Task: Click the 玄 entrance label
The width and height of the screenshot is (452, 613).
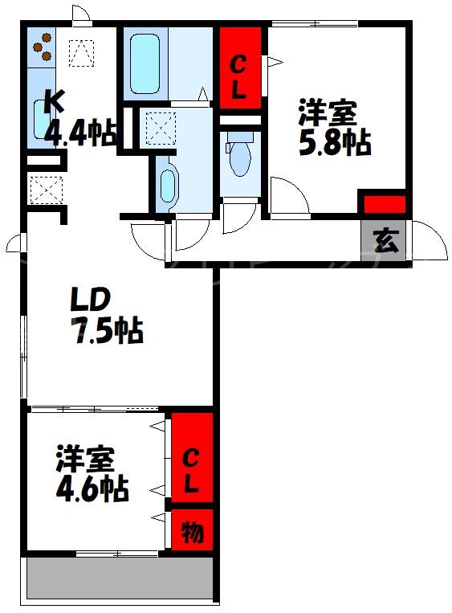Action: [x=386, y=240]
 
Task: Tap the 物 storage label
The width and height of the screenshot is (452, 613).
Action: [x=192, y=531]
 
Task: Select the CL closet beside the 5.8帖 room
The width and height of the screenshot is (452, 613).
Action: [x=239, y=68]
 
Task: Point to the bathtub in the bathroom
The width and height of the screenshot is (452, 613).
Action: [x=145, y=65]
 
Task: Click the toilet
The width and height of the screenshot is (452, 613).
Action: [x=239, y=158]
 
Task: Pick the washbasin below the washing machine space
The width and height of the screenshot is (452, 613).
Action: [x=166, y=186]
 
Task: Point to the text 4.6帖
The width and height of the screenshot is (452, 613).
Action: [x=91, y=488]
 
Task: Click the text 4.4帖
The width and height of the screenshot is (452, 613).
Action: [x=80, y=133]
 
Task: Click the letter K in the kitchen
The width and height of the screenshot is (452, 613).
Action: [x=53, y=101]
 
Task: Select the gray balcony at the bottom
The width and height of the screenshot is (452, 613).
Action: [x=120, y=578]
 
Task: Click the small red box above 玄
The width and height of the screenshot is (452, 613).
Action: [x=385, y=203]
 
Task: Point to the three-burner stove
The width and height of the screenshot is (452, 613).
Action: [x=43, y=47]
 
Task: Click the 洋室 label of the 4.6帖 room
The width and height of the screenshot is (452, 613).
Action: [x=84, y=459]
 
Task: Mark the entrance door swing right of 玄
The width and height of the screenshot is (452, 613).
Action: [x=430, y=240]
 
